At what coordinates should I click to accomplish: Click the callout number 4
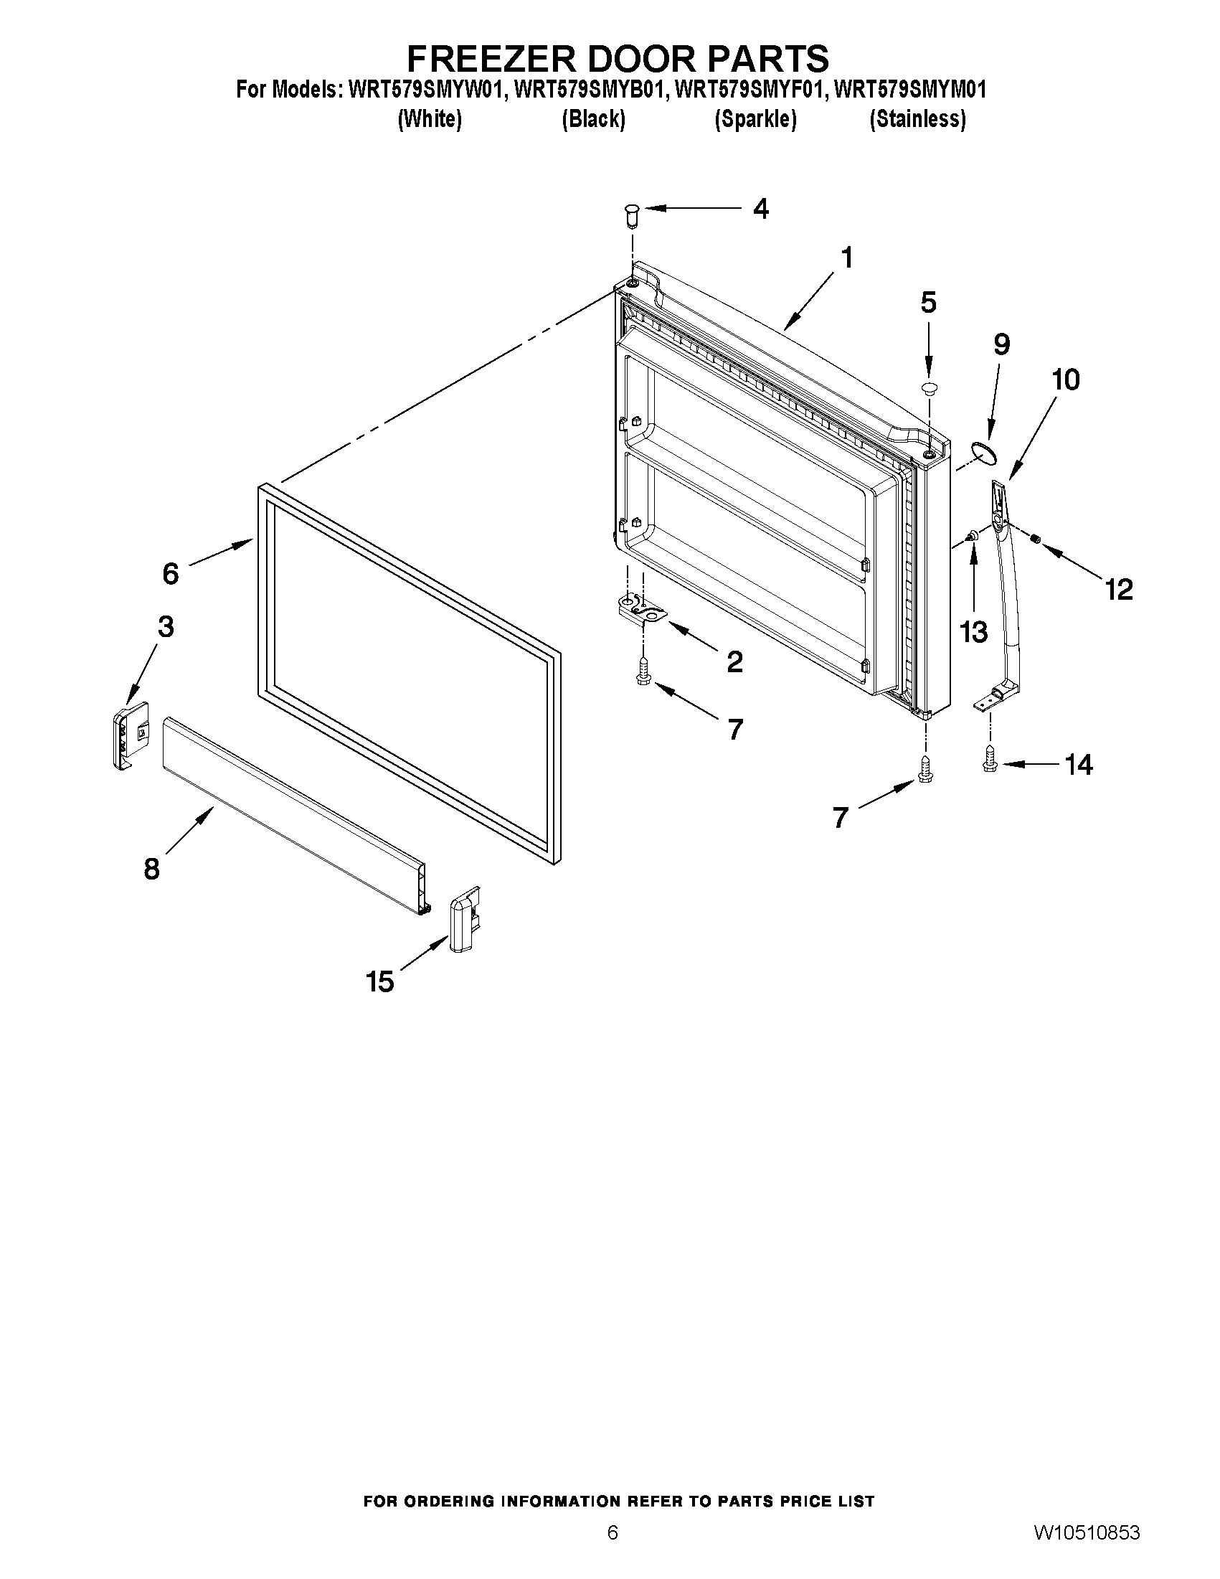click(x=760, y=209)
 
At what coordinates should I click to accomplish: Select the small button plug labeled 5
click(x=929, y=389)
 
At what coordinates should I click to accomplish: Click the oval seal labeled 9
click(x=984, y=453)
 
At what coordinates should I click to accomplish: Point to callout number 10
click(x=1065, y=380)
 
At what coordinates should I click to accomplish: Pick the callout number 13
click(x=973, y=632)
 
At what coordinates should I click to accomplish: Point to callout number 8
click(x=151, y=868)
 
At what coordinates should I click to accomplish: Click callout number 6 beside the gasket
click(x=170, y=573)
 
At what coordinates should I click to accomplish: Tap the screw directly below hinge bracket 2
click(x=643, y=672)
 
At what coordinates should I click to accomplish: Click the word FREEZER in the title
click(x=488, y=58)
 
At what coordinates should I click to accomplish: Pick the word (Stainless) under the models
click(x=917, y=118)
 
